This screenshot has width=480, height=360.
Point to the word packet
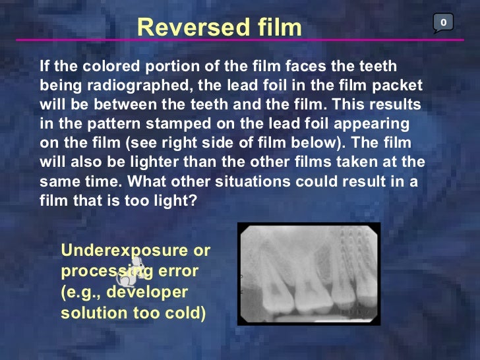pos(398,86)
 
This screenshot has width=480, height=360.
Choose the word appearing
pos(376,123)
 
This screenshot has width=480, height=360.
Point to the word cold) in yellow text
pos(183,313)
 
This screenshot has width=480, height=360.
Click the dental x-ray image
pos(309,274)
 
